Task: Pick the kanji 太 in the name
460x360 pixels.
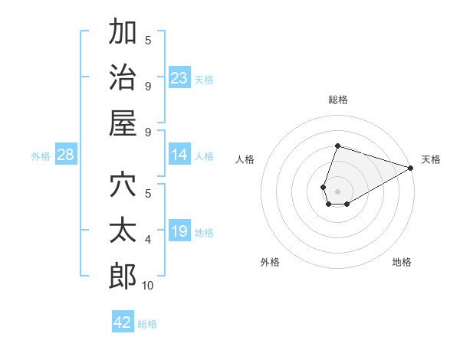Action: pyautogui.click(x=123, y=231)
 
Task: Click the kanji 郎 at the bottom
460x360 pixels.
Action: pyautogui.click(x=123, y=277)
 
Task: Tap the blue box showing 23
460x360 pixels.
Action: pyautogui.click(x=179, y=77)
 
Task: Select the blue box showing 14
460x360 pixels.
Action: pyautogui.click(x=179, y=155)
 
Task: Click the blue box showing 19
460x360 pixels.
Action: pyautogui.click(x=179, y=231)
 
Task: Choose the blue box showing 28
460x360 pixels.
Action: pyautogui.click(x=65, y=155)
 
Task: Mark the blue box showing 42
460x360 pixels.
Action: pyautogui.click(x=123, y=322)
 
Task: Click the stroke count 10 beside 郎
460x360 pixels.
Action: pyautogui.click(x=147, y=286)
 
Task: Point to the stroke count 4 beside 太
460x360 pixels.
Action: pyautogui.click(x=148, y=240)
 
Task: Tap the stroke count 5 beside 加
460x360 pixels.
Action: pyautogui.click(x=148, y=41)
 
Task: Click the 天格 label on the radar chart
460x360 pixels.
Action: pyautogui.click(x=431, y=159)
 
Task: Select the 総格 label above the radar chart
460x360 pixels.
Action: pyautogui.click(x=337, y=100)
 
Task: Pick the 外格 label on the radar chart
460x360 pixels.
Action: pyautogui.click(x=270, y=262)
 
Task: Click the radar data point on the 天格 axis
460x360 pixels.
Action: pyautogui.click(x=412, y=168)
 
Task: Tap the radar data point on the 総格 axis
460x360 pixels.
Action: pyautogui.click(x=337, y=146)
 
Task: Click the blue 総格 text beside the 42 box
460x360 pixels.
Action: pyautogui.click(x=147, y=324)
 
